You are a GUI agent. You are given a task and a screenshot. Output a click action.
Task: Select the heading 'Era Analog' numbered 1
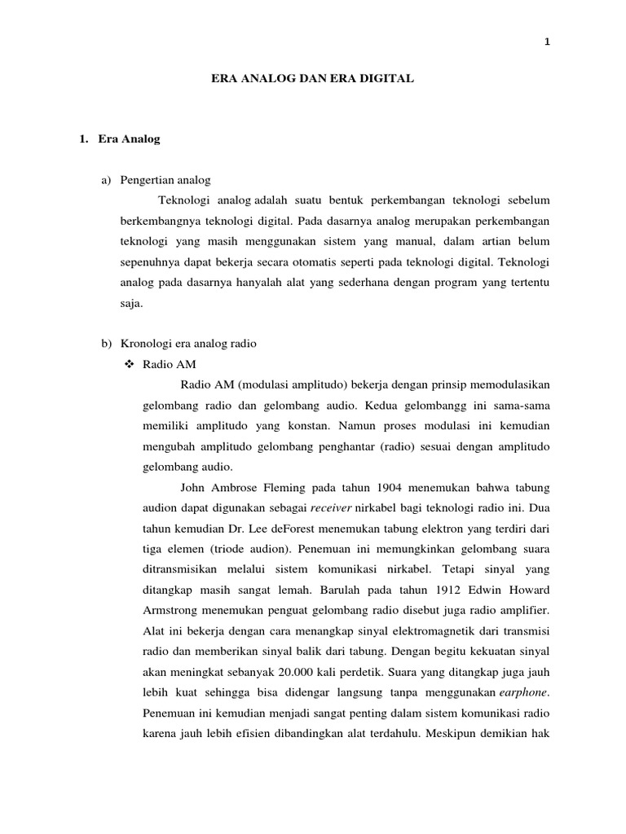(x=128, y=139)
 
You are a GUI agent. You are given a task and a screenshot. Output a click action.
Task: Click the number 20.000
(x=281, y=672)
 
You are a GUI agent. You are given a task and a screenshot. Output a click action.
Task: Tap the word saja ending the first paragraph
(x=130, y=303)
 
